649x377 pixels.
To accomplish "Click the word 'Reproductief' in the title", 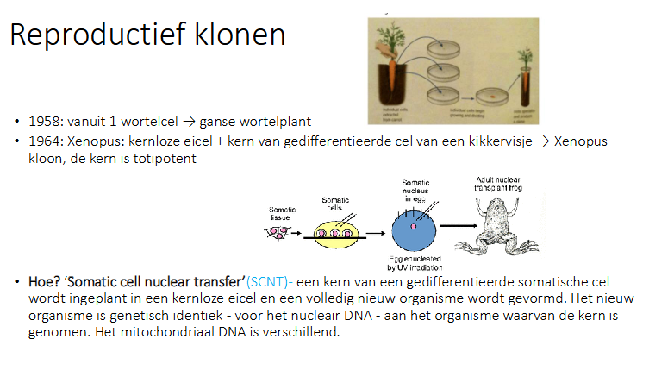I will [92, 36].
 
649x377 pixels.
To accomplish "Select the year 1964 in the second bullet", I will [43, 141].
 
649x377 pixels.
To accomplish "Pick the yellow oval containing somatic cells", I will [333, 233].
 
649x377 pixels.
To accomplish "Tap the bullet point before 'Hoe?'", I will [16, 282].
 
